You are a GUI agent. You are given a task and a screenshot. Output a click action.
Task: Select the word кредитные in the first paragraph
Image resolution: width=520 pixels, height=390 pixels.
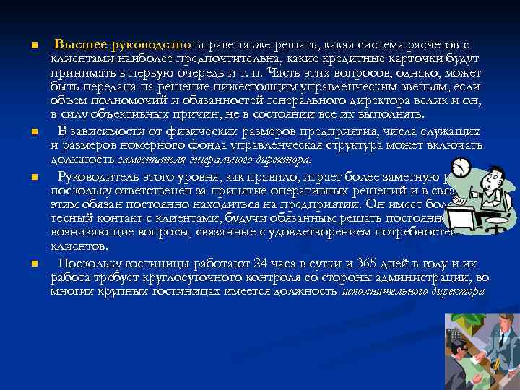pos(380,58)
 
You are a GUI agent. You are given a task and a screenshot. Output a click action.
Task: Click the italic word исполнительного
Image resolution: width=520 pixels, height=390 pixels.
pos(383,292)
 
